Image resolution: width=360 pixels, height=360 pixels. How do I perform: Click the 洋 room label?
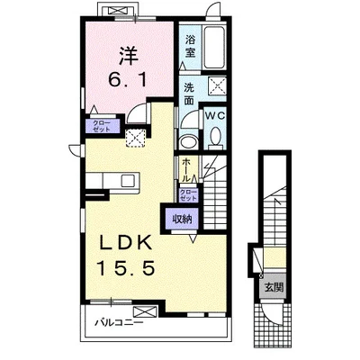(x=128, y=56)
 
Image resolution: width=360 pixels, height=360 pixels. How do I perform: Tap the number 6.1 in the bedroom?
(x=128, y=80)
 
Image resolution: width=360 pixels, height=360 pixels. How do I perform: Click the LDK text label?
(x=126, y=243)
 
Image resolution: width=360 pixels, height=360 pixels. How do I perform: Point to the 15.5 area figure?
(x=125, y=268)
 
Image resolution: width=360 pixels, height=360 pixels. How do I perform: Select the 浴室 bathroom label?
(x=190, y=46)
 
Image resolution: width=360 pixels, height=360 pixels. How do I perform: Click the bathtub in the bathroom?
(x=214, y=48)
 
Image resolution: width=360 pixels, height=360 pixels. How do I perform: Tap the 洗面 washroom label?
(x=189, y=94)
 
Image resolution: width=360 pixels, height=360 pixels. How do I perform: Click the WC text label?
(x=215, y=115)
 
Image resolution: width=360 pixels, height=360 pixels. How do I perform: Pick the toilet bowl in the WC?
(x=215, y=138)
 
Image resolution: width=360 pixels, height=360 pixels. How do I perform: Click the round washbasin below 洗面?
(x=188, y=141)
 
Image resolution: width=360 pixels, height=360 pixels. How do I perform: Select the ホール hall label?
(x=186, y=169)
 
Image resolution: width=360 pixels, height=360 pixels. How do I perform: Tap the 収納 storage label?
(x=182, y=220)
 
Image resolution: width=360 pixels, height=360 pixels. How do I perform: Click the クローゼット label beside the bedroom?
(x=102, y=126)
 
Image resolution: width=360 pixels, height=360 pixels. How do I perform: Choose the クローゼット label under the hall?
(x=188, y=195)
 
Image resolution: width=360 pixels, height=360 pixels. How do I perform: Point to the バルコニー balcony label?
(x=119, y=323)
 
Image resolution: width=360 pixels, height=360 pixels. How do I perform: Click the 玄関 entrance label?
(x=274, y=287)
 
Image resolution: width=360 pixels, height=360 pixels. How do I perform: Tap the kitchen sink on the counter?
(x=128, y=181)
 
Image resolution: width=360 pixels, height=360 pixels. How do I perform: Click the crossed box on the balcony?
(x=145, y=311)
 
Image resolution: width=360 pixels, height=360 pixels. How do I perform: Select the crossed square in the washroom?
(x=218, y=85)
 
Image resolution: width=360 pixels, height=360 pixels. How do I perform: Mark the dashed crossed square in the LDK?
(x=135, y=139)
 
